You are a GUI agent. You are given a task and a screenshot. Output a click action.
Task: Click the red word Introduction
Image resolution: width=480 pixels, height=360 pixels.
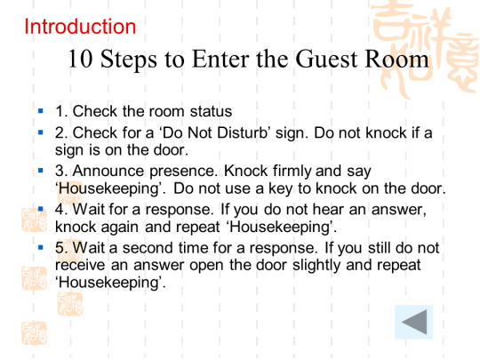(x=80, y=27)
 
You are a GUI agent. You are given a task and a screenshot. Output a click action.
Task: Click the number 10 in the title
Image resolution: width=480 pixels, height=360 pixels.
(x=80, y=59)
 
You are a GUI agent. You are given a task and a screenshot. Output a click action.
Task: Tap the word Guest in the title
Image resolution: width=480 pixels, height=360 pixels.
(x=326, y=59)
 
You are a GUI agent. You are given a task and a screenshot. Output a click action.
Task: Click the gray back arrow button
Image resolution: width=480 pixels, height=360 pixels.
(x=414, y=322)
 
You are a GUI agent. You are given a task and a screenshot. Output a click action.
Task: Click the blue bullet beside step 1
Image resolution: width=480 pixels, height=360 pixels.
(x=41, y=110)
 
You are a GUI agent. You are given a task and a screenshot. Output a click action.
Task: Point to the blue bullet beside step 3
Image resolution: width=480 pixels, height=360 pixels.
(x=41, y=171)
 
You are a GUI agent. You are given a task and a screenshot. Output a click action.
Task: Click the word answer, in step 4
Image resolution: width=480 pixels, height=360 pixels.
(x=399, y=210)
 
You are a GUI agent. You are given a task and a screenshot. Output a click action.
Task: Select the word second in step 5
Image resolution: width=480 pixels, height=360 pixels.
(x=148, y=248)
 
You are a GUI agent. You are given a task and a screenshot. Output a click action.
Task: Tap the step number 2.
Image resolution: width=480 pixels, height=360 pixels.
(x=61, y=132)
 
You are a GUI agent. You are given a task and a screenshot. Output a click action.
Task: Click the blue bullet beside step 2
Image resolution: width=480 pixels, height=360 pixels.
(x=41, y=132)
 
